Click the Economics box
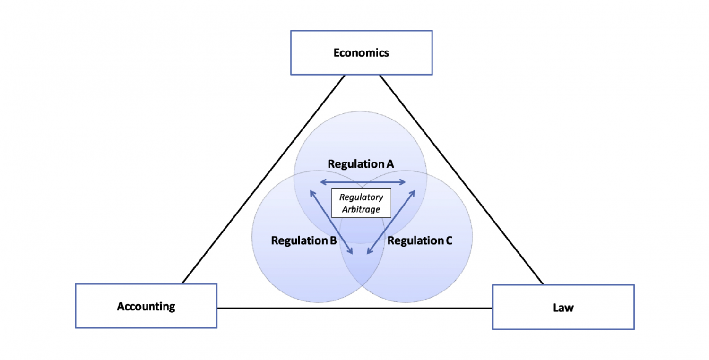(x=361, y=52)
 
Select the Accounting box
(x=146, y=306)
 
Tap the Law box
(x=563, y=308)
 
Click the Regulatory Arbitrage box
(x=362, y=203)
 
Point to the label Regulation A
(x=361, y=164)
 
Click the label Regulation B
(x=304, y=240)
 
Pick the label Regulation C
(x=420, y=240)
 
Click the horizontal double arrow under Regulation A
(x=363, y=182)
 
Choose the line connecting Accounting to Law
(x=354, y=308)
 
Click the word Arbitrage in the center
(x=362, y=209)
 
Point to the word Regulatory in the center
(x=362, y=197)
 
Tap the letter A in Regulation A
(x=390, y=164)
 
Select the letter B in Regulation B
(x=333, y=240)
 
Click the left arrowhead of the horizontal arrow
(x=323, y=182)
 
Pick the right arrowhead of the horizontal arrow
(x=403, y=182)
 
